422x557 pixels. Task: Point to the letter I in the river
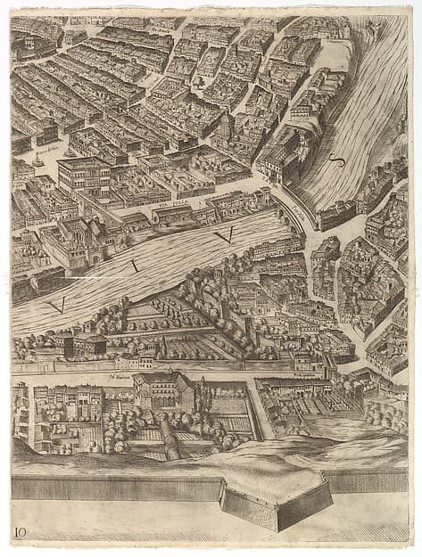tap(135, 264)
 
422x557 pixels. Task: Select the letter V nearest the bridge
tap(223, 235)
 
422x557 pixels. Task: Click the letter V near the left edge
tap(57, 305)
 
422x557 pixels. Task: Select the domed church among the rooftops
tap(228, 122)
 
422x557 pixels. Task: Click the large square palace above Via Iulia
tap(85, 175)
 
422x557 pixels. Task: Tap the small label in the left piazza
tap(46, 151)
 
